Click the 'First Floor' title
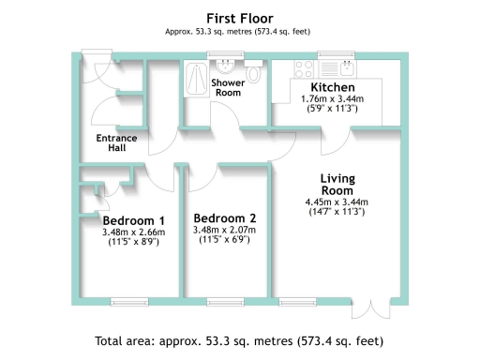tap(239, 17)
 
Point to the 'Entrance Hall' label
tap(117, 144)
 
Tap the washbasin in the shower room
tap(225, 67)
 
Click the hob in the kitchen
tap(306, 67)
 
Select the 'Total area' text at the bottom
tap(239, 340)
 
